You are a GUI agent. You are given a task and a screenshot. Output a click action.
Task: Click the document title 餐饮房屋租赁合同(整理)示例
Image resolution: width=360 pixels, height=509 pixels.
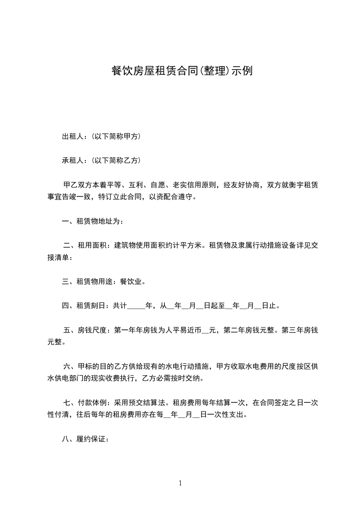coord(182,71)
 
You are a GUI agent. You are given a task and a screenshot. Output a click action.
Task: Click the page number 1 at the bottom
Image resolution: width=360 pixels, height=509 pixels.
coord(180,483)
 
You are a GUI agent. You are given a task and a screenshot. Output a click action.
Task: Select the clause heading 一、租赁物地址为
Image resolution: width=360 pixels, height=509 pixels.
coord(92,222)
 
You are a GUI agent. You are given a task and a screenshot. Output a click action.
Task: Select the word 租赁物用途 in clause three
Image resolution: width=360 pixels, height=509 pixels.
coord(97,282)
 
